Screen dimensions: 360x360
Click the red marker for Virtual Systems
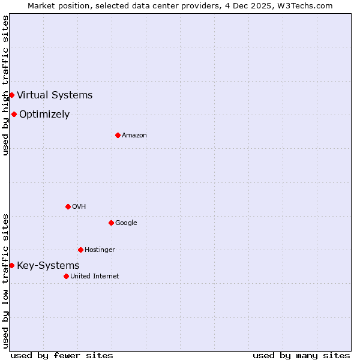tap(11, 95)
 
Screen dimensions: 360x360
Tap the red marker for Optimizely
tap(14, 114)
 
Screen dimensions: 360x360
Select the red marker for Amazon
tap(118, 135)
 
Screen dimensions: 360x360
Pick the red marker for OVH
tap(68, 206)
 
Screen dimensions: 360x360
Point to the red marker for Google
tap(111, 223)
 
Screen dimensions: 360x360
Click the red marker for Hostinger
tap(80, 250)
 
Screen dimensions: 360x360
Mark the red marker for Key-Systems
tap(11, 265)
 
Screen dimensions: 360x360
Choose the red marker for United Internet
tap(66, 276)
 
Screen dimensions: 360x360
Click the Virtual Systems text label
tap(55, 95)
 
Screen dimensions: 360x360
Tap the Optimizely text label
tap(44, 114)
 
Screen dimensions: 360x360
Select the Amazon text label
tap(134, 135)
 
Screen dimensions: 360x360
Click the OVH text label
tap(79, 206)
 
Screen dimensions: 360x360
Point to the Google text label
tap(126, 223)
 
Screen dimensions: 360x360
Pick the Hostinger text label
tap(100, 250)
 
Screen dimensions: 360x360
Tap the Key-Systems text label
tap(48, 265)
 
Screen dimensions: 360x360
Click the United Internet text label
tap(95, 276)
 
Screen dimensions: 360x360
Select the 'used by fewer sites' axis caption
tap(62, 355)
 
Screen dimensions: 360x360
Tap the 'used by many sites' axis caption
tap(301, 355)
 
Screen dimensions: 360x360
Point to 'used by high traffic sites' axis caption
tap(5, 85)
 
